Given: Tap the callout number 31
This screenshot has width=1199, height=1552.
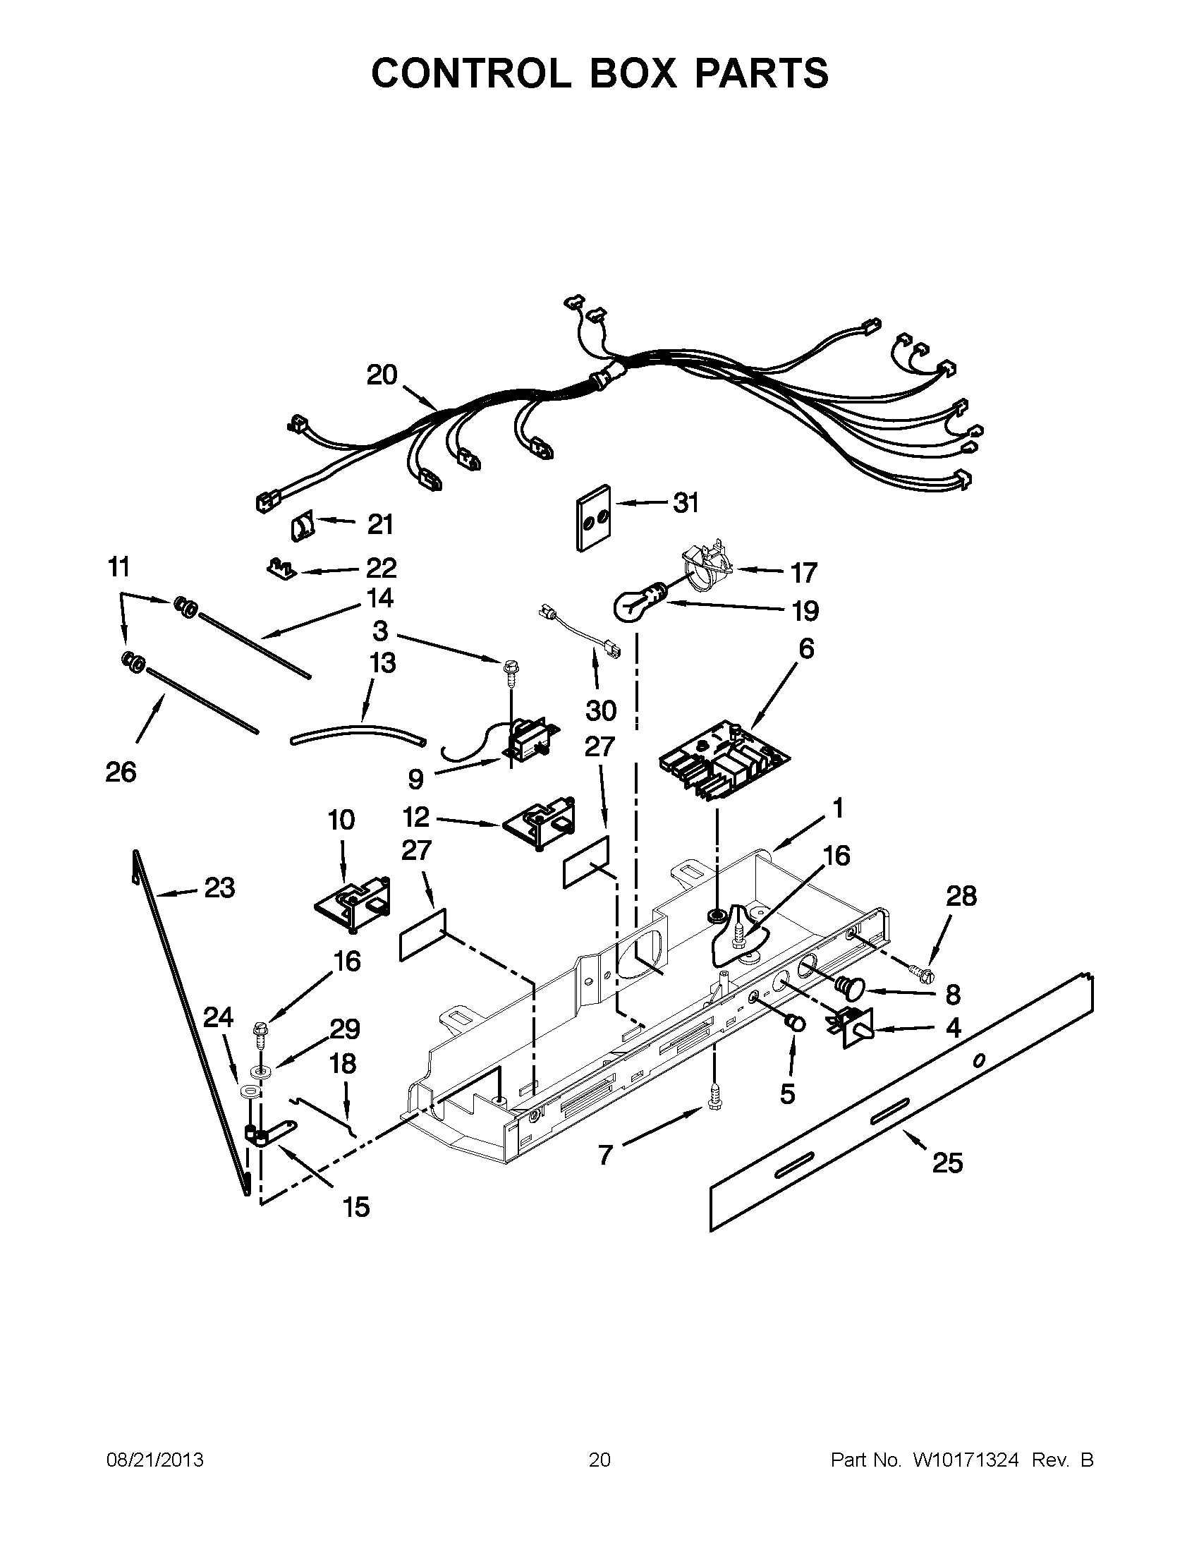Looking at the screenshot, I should click(x=686, y=503).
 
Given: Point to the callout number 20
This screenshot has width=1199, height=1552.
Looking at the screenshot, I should click(x=382, y=375).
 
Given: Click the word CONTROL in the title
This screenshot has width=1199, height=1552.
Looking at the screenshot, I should click(x=470, y=73).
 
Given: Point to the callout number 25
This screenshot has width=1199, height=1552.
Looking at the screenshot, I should click(x=947, y=1163).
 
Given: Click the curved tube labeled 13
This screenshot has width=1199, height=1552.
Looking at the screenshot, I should click(x=359, y=734).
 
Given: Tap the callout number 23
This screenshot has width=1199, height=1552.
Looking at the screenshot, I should click(x=219, y=887).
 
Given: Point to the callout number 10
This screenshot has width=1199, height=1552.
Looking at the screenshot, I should click(x=341, y=820).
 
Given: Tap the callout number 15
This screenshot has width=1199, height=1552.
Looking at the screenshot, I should click(x=356, y=1206).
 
